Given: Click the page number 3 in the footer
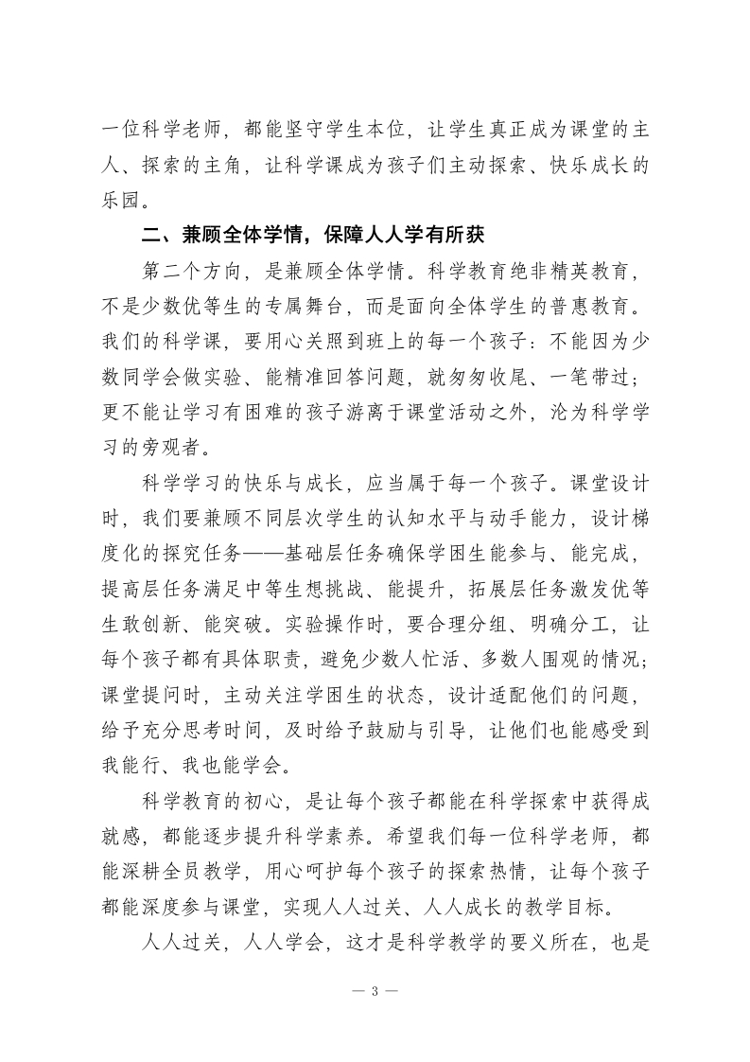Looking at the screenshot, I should tap(375, 991).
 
